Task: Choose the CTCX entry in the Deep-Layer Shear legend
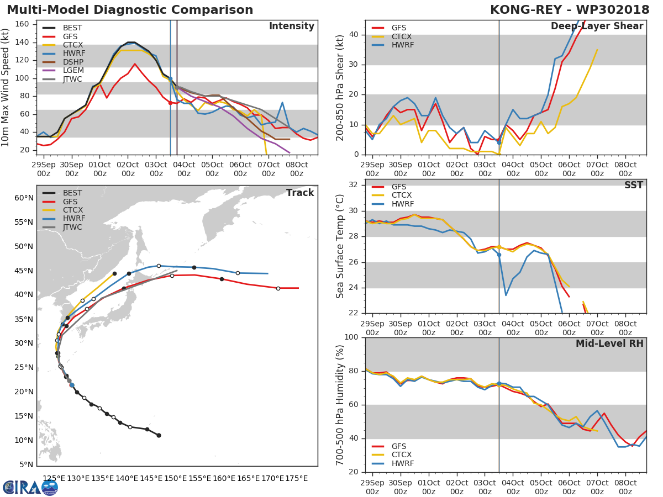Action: pos(402,36)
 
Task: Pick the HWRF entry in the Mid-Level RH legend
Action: pos(402,463)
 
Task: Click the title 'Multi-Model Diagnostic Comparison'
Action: pos(130,10)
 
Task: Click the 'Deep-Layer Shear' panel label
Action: pos(597,27)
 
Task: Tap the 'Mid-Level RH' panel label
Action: pos(609,343)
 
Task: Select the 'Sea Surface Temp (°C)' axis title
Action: pos(340,246)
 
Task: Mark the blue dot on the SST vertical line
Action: pos(499,254)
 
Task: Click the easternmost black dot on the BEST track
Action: pos(159,435)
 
